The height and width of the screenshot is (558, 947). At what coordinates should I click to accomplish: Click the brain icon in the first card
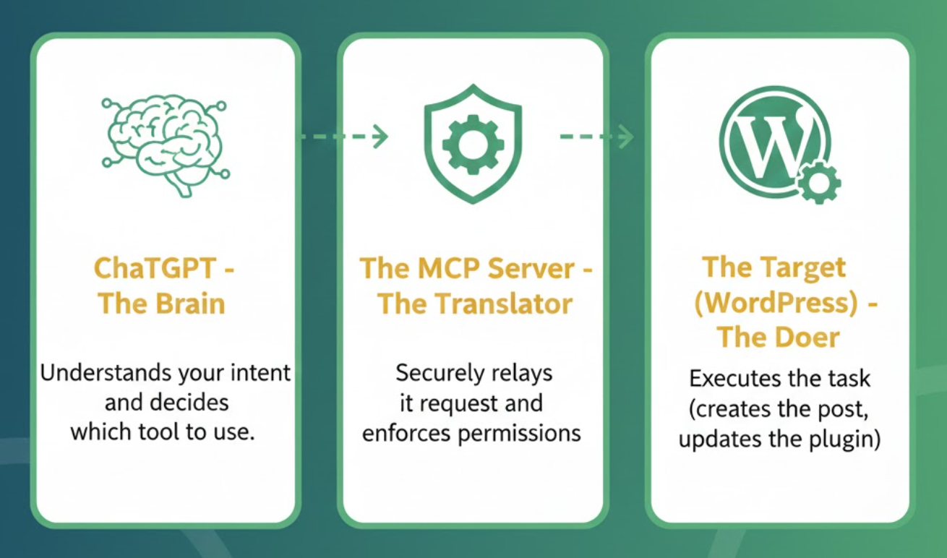click(165, 144)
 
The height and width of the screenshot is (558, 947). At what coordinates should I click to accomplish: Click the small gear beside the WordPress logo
click(818, 181)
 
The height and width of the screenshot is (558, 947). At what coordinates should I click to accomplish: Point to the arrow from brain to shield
click(343, 136)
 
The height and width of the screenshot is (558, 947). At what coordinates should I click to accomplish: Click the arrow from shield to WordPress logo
click(597, 136)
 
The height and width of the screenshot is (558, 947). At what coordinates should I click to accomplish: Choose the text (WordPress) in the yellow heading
click(776, 303)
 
